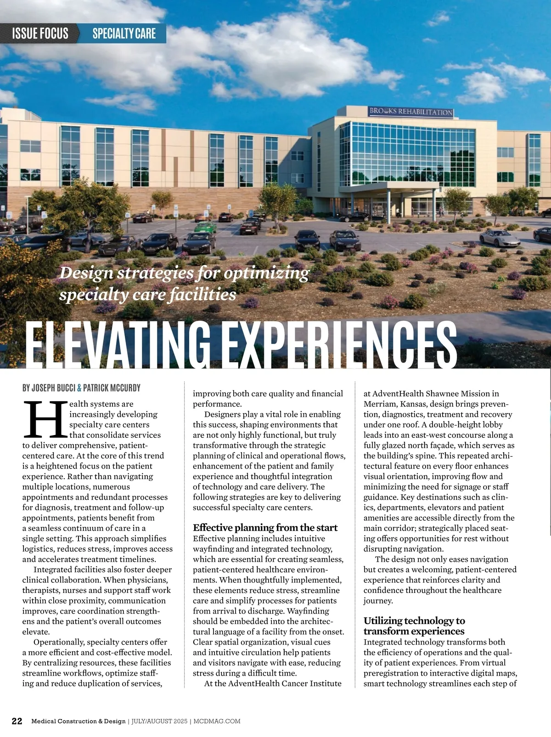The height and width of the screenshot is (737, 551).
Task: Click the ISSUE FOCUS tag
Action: [x=40, y=33]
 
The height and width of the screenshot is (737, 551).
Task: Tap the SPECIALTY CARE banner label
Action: [x=124, y=33]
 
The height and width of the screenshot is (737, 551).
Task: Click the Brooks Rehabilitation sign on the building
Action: [x=411, y=112]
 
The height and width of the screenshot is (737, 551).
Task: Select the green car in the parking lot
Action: [x=205, y=227]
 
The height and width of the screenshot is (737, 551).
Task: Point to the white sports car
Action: [x=500, y=238]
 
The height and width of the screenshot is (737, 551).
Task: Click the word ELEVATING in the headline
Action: [x=117, y=345]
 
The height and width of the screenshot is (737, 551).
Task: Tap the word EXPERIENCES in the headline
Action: [x=334, y=345]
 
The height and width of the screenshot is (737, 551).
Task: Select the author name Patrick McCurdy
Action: [x=112, y=388]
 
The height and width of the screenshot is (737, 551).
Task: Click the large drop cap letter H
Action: [x=45, y=419]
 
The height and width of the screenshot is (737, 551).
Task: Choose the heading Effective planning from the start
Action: [x=265, y=528]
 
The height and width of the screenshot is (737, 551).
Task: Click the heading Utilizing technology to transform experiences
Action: [x=414, y=626]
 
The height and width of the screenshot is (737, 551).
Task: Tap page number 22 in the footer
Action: [x=17, y=721]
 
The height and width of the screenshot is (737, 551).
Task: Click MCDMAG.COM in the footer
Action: [x=218, y=721]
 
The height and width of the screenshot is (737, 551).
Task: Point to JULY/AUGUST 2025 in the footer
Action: [x=159, y=721]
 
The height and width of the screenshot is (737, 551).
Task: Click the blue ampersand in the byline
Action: [x=79, y=388]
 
